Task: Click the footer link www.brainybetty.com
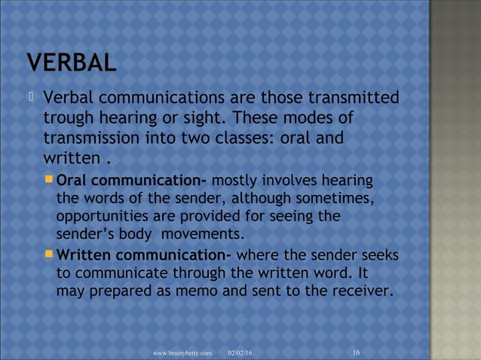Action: pyautogui.click(x=182, y=352)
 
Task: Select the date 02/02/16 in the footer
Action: pyautogui.click(x=240, y=352)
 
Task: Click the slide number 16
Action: pyautogui.click(x=356, y=352)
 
